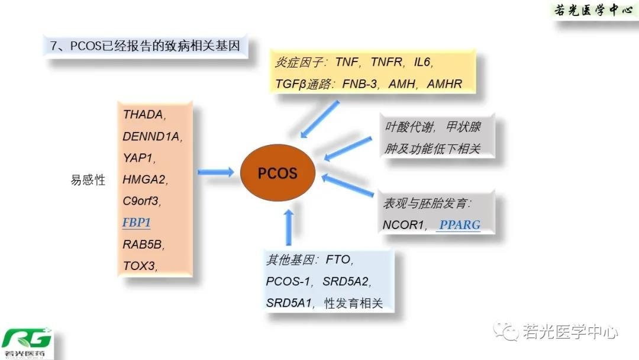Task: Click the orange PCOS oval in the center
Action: click(x=277, y=173)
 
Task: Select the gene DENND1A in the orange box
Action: click(x=151, y=136)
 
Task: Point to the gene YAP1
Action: click(x=138, y=158)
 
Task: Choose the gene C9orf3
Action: click(x=141, y=201)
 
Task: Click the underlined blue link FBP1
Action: click(x=137, y=223)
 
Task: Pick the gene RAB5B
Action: click(x=143, y=244)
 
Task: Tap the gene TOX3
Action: click(x=139, y=266)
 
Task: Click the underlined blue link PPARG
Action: click(x=460, y=225)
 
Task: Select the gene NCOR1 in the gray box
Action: click(x=405, y=225)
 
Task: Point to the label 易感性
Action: click(x=88, y=180)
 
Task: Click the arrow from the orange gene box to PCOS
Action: click(x=215, y=172)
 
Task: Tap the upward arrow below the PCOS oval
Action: click(x=289, y=227)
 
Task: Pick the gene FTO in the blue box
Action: click(x=339, y=259)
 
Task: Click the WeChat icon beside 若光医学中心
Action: click(x=506, y=332)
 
